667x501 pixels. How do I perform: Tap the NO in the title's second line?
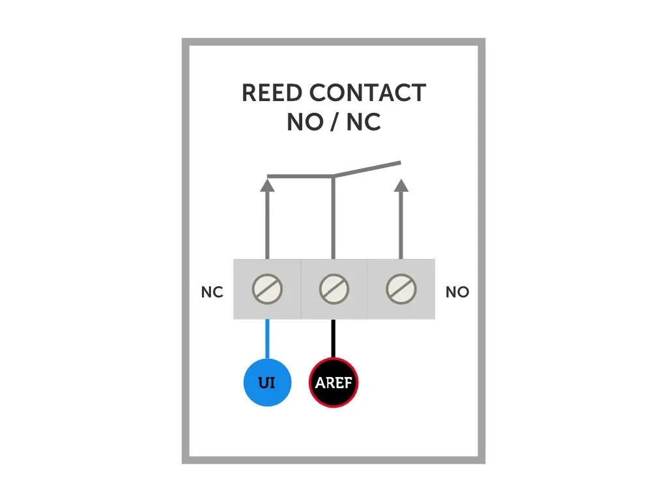point(305,122)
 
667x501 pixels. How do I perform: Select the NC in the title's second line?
point(363,122)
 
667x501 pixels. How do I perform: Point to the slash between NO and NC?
point(334,122)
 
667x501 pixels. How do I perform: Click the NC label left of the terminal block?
point(212,293)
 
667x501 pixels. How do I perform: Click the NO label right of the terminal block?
point(457,293)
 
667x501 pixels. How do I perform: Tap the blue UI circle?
point(267,382)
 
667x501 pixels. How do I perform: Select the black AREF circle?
point(333,382)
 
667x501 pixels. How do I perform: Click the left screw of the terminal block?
point(267,289)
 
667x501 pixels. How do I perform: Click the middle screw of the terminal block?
point(333,289)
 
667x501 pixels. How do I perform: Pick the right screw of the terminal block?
point(401,289)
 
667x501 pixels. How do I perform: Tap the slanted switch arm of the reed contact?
point(366,169)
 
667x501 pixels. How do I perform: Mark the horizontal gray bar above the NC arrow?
point(300,176)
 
